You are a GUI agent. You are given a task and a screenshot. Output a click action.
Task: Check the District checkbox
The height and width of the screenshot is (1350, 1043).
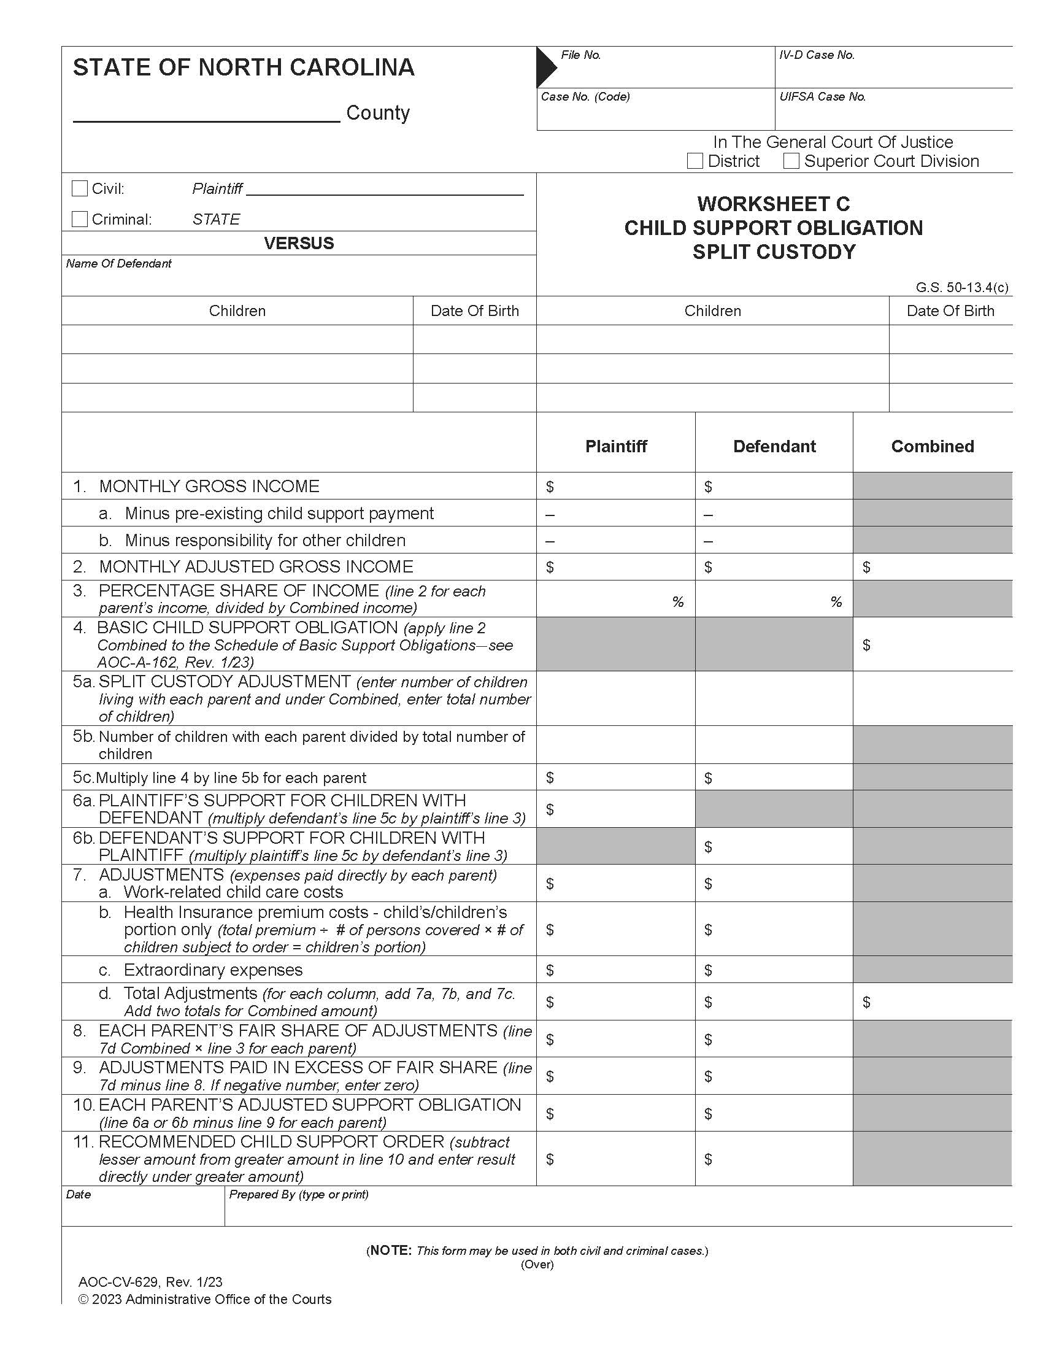(x=695, y=161)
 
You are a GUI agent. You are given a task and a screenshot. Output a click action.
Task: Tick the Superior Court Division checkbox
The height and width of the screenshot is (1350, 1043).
(x=791, y=161)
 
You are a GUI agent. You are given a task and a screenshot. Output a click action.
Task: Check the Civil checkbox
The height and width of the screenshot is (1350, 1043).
(x=80, y=188)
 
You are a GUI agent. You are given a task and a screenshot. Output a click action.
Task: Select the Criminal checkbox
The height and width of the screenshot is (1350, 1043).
(x=80, y=219)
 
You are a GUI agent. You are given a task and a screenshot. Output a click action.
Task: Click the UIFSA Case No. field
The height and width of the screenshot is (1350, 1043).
(x=893, y=114)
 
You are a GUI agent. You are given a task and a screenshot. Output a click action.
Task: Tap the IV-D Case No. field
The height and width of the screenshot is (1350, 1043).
(x=893, y=71)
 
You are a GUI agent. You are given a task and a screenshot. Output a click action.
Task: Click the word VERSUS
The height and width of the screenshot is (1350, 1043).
(x=298, y=243)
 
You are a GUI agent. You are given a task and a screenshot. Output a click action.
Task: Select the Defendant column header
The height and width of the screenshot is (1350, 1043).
(x=774, y=446)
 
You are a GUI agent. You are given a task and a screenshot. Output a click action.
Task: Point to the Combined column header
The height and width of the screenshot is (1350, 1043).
(x=933, y=446)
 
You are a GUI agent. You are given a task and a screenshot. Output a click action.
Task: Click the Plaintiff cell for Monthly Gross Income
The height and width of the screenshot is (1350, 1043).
(x=615, y=487)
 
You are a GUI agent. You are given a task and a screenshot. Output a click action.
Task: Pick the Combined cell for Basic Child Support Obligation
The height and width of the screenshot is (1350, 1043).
(x=933, y=645)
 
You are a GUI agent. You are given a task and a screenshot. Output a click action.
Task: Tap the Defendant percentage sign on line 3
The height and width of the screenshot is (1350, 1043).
(x=836, y=602)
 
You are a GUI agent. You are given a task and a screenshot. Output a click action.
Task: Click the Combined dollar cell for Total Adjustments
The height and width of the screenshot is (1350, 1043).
(x=933, y=1002)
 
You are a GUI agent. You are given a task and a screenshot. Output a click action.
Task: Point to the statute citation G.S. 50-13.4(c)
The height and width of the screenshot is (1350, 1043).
(x=961, y=287)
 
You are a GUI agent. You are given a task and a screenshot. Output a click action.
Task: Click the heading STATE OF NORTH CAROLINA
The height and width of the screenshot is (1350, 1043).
(x=244, y=67)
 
